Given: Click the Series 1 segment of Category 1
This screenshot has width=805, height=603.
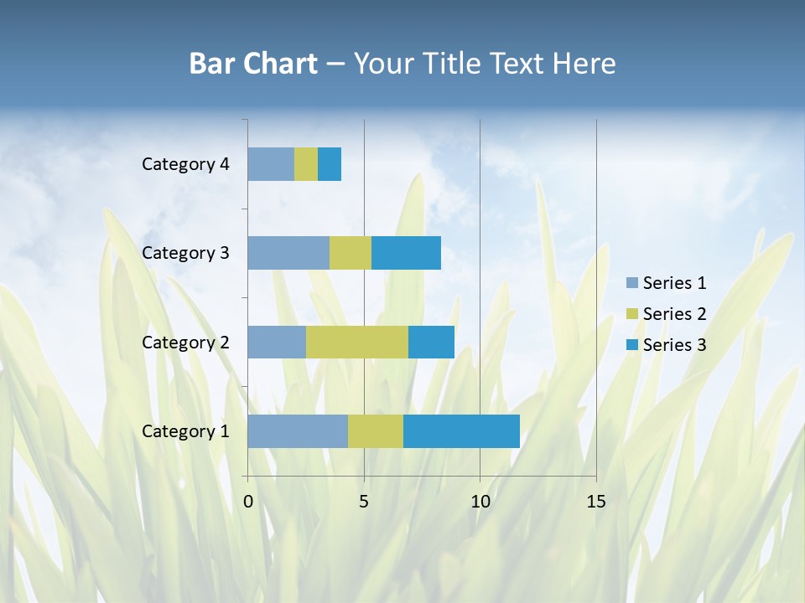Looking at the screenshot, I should click(298, 430).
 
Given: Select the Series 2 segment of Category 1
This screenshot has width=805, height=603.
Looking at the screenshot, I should click(376, 430).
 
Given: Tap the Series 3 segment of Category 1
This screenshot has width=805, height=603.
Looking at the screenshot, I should click(461, 430).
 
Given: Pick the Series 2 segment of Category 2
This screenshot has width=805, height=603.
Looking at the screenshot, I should click(357, 342).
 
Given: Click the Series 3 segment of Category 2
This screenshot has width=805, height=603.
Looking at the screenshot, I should click(431, 342).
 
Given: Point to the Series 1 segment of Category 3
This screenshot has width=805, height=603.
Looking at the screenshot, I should click(288, 253).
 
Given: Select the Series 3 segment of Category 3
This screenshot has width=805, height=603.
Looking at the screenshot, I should click(406, 253).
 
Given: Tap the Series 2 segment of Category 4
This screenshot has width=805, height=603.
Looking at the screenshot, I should click(306, 164).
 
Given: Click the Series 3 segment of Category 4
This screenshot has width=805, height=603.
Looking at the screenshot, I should click(330, 164).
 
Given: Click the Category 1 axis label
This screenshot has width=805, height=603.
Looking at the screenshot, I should click(185, 431).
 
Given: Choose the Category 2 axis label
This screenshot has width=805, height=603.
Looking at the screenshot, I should click(185, 343).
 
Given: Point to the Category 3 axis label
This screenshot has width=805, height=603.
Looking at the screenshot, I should click(185, 253).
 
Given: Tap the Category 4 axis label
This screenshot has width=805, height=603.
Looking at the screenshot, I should click(185, 164).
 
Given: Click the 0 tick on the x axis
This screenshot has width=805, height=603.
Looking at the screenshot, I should click(248, 502).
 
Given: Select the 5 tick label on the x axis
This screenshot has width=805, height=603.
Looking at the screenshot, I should click(364, 502).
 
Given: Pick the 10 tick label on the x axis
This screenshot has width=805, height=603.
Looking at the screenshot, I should click(480, 502).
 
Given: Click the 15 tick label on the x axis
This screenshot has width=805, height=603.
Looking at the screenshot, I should click(596, 502).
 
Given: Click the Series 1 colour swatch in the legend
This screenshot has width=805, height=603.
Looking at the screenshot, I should click(632, 283).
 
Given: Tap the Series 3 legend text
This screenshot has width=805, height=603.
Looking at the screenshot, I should click(674, 345).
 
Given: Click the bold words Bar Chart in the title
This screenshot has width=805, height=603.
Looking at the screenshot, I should click(253, 64).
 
